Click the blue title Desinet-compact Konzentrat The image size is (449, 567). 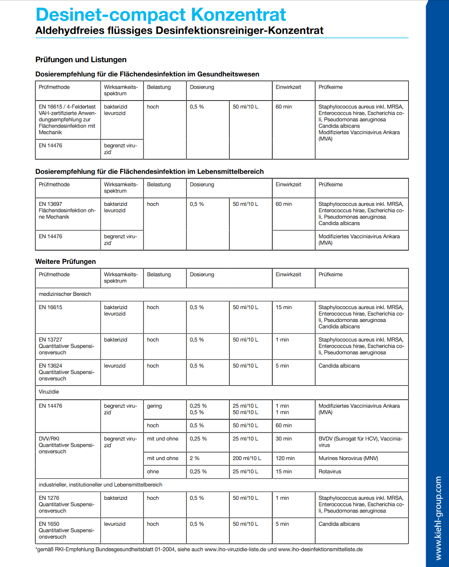click(161, 15)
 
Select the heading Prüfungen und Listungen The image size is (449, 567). click(81, 59)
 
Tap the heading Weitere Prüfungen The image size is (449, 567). click(65, 262)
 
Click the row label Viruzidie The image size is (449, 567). click(49, 392)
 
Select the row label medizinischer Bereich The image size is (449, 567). click(65, 294)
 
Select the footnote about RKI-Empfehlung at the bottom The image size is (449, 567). click(199, 549)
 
